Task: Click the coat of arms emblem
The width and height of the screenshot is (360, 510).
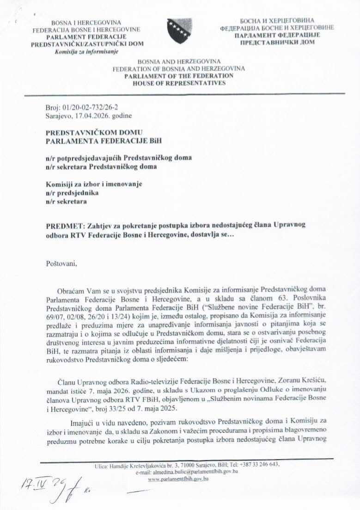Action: (x=179, y=31)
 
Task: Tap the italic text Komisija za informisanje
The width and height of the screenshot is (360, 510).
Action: (x=86, y=51)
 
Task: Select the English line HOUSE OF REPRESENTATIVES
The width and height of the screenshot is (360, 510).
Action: (x=179, y=83)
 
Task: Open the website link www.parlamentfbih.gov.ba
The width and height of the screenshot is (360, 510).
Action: (x=178, y=479)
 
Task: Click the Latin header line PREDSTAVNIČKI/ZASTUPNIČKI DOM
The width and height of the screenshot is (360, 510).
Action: (x=87, y=44)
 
